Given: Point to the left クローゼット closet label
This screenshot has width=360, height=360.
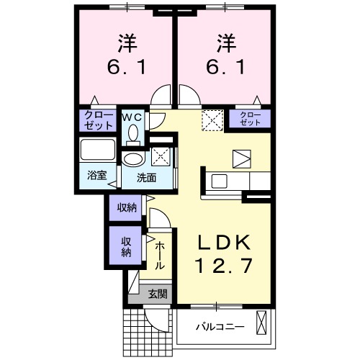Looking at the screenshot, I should [x=98, y=120].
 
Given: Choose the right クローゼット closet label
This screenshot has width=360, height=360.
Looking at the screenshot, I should [x=249, y=119].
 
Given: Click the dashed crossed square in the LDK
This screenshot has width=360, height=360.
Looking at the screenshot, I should [x=211, y=119].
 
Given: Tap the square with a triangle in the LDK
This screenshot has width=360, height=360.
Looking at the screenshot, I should [x=240, y=158].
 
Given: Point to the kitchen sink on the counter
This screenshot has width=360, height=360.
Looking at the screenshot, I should [x=218, y=181].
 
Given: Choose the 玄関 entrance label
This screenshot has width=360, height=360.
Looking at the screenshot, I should [x=158, y=294].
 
